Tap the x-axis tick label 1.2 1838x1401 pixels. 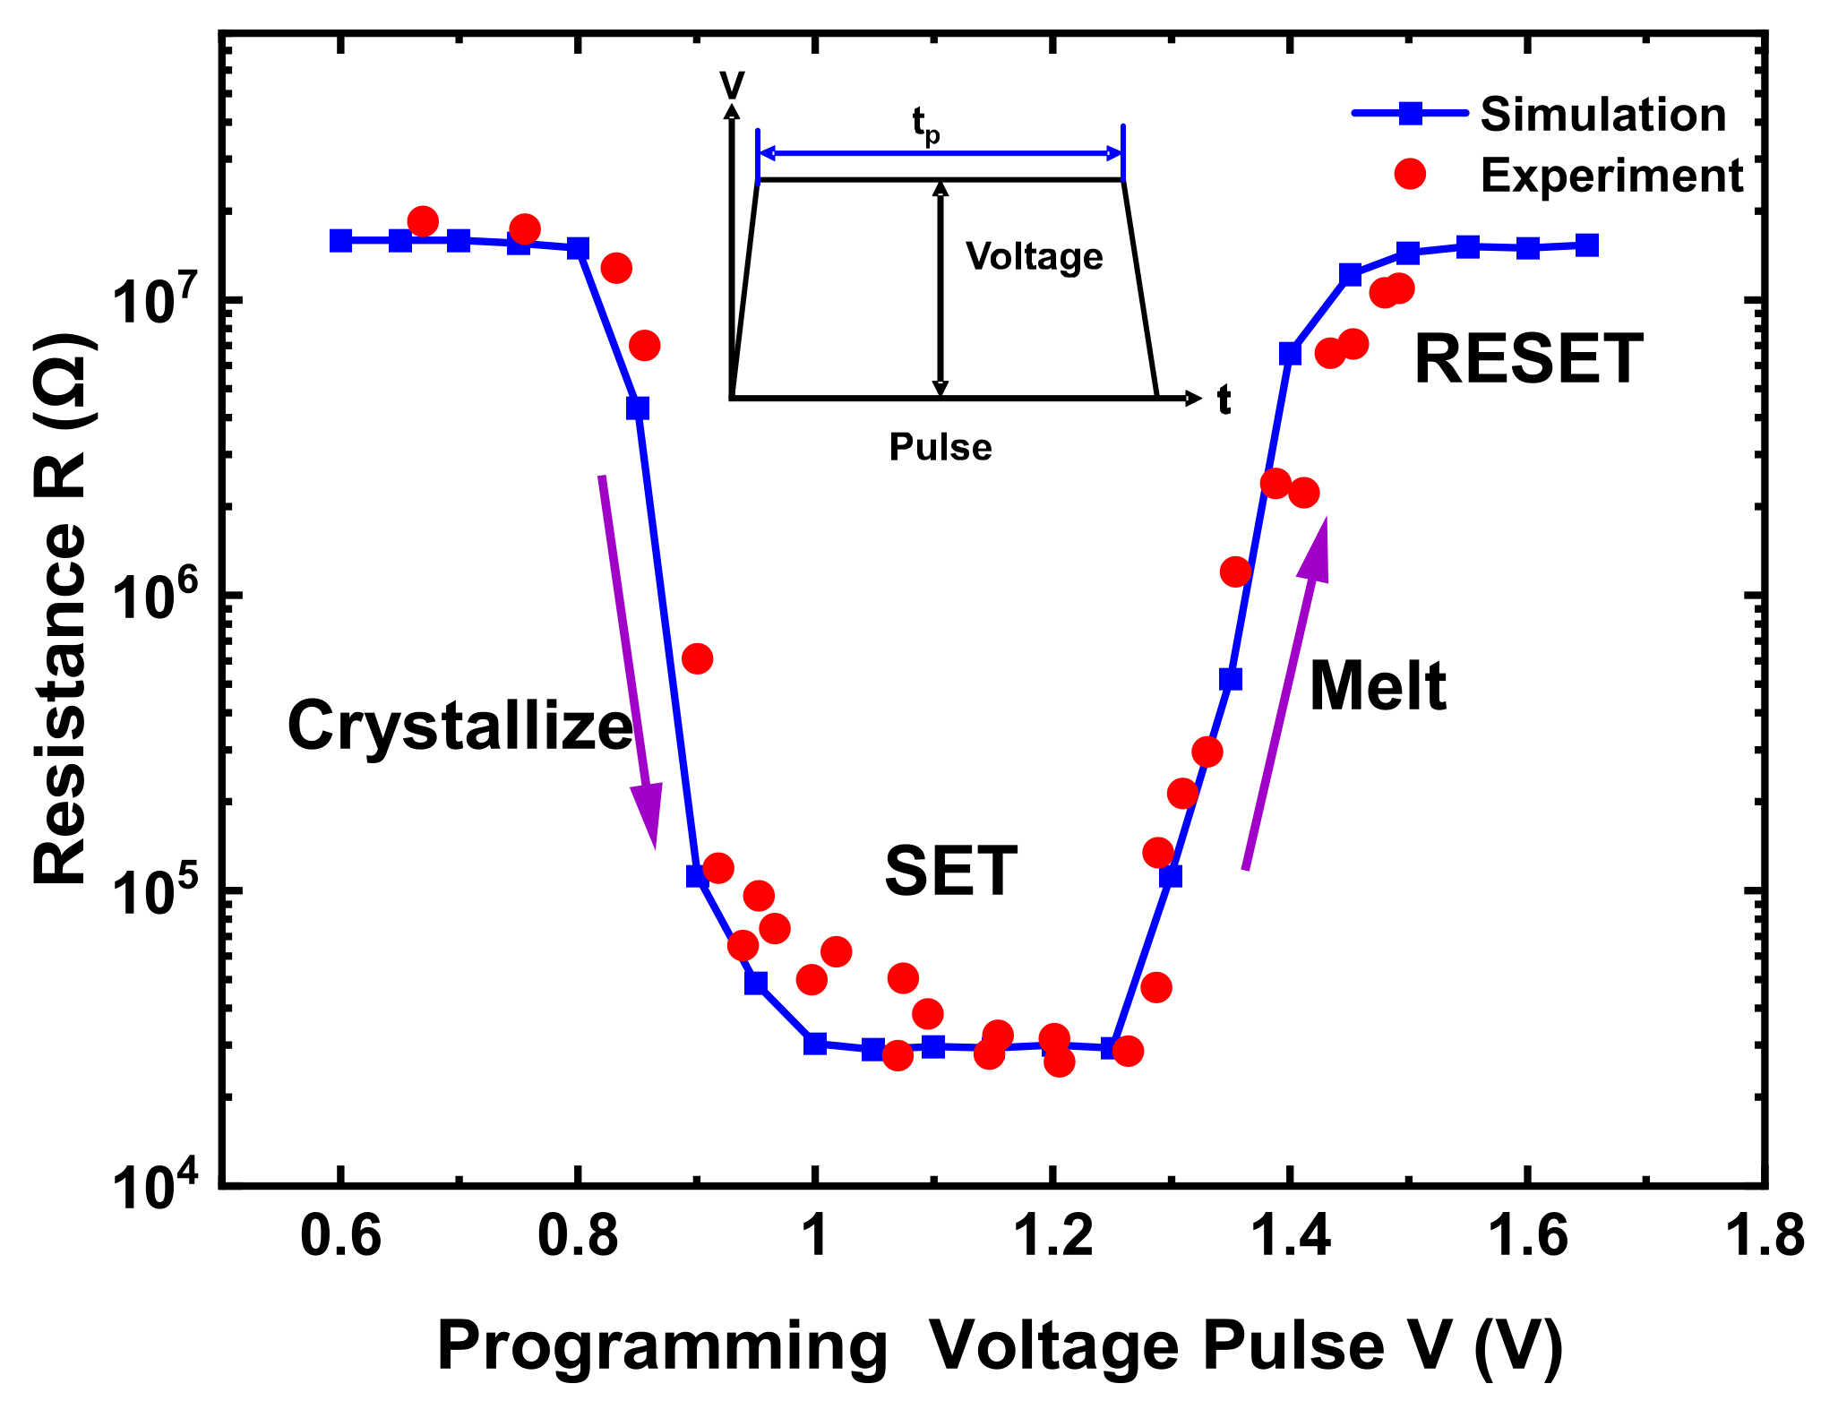[x=1053, y=1237]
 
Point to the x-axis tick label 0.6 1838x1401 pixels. [x=340, y=1237]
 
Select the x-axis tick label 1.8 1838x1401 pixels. [x=1763, y=1237]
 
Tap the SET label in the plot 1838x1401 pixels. [x=950, y=871]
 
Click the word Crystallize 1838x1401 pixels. [x=459, y=726]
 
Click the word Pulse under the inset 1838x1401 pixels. [x=940, y=447]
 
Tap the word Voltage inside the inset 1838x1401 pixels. [x=1034, y=257]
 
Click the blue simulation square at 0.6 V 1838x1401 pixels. [x=340, y=240]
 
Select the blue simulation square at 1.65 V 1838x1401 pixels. [x=1586, y=245]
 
